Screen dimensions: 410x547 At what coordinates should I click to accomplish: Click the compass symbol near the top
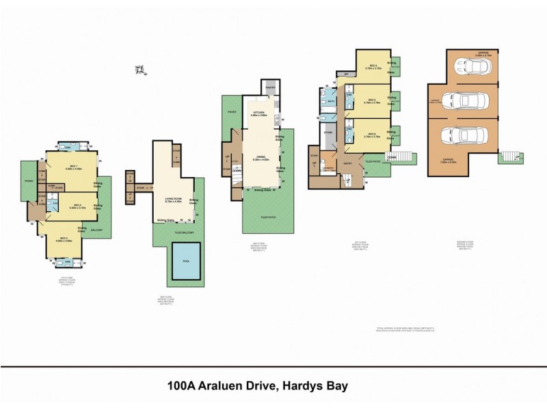click(140, 69)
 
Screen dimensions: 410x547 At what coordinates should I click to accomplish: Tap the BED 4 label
click(372, 66)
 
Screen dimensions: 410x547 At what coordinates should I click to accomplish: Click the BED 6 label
click(372, 135)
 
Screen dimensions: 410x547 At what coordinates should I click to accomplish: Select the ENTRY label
click(348, 163)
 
